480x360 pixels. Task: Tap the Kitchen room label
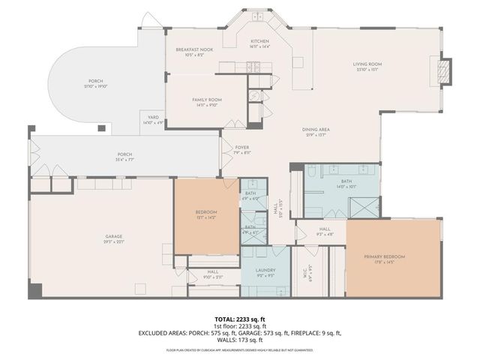tap(259, 41)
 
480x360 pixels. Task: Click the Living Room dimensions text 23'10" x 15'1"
tap(368, 70)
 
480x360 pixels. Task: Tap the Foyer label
tap(241, 147)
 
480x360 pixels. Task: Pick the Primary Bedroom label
tap(384, 256)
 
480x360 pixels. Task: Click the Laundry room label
tap(265, 270)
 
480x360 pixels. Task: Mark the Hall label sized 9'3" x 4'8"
tap(324, 229)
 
